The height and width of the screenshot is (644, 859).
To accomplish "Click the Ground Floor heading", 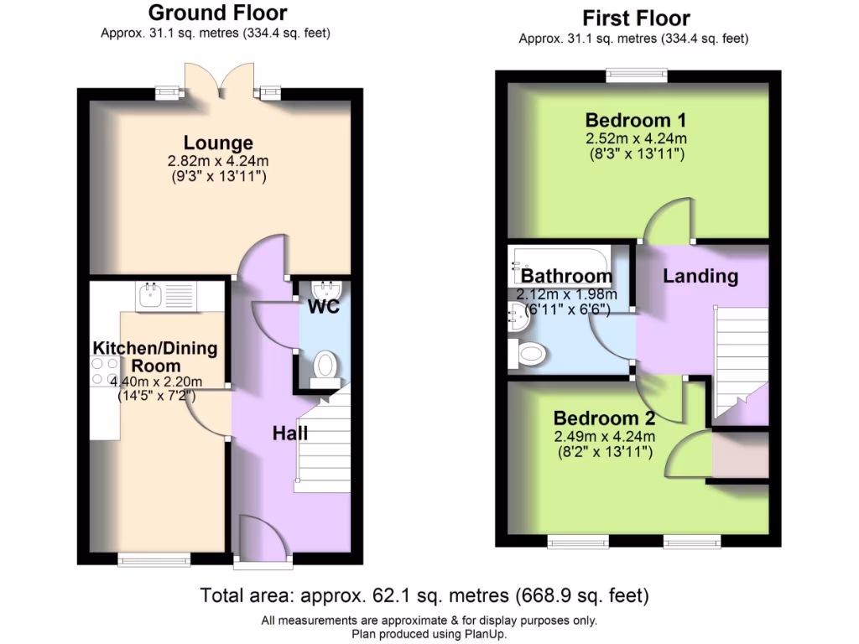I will (x=217, y=13).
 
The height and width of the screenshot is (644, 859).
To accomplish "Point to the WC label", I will (x=323, y=307).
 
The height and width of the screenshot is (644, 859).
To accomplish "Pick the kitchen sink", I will (x=151, y=294).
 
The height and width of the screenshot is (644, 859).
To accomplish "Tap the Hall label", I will (x=290, y=433).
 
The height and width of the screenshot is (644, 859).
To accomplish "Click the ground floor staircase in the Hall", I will (x=322, y=444).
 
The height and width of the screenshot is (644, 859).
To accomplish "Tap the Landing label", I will (x=700, y=275).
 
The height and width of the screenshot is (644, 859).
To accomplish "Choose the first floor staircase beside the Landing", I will (x=740, y=361).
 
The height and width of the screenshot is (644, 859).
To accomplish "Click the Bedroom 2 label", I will (x=604, y=418).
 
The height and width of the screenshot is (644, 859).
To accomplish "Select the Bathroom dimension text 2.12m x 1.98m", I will (x=566, y=293).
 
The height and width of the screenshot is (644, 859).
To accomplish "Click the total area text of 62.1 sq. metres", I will (x=424, y=596).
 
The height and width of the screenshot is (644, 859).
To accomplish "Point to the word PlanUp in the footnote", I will (x=483, y=634).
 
